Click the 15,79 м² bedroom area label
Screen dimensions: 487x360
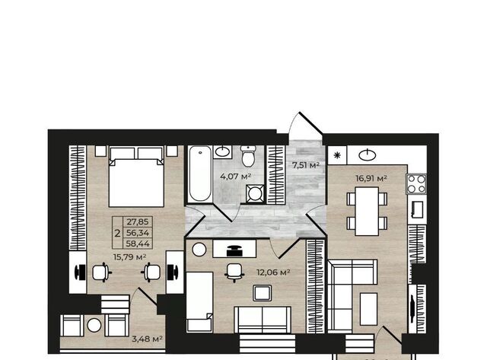pyautogui.click(x=130, y=257)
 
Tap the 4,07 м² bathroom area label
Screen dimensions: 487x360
pyautogui.click(x=235, y=177)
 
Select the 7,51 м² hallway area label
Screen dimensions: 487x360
pyautogui.click(x=306, y=165)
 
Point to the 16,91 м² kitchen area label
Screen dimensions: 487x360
pyautogui.click(x=371, y=178)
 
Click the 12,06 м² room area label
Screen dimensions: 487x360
pyautogui.click(x=273, y=272)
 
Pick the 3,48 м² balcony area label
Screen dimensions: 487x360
pyautogui.click(x=147, y=339)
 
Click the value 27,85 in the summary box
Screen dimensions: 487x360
pyautogui.click(x=138, y=221)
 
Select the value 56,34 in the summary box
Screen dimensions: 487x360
pyautogui.click(x=138, y=233)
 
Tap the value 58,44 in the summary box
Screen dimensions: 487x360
pyautogui.click(x=138, y=244)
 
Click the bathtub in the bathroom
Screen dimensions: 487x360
pyautogui.click(x=200, y=174)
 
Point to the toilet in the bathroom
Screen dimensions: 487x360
pyautogui.click(x=248, y=156)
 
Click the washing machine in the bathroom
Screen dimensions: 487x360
pyautogui.click(x=255, y=194)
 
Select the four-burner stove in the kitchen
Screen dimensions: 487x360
pyautogui.click(x=416, y=184)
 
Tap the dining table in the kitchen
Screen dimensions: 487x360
pyautogui.click(x=367, y=212)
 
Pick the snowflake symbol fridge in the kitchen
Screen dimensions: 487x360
pyautogui.click(x=337, y=155)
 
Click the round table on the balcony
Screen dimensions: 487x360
pyautogui.click(x=94, y=325)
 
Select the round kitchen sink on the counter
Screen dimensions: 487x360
pyautogui.click(x=368, y=155)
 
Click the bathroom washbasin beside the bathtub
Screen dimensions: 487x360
pyautogui.click(x=223, y=152)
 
